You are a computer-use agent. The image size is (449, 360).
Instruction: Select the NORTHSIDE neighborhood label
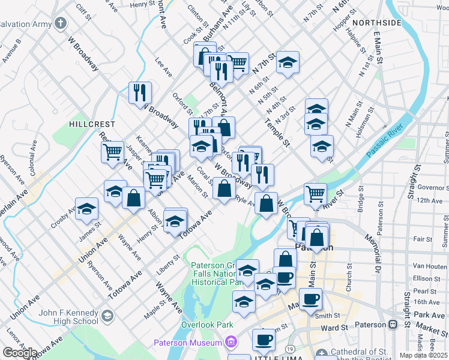376,23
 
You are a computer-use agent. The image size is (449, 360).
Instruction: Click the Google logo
20,353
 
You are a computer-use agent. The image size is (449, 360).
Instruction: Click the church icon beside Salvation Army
60,23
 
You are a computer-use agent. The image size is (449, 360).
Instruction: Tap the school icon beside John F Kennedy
107,316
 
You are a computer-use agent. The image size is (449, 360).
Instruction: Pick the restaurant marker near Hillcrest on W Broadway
140,92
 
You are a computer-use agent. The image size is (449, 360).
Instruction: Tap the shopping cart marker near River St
315,194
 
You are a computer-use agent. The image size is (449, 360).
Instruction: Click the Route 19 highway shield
289,349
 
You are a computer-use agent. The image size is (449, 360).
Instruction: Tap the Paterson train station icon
393,325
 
